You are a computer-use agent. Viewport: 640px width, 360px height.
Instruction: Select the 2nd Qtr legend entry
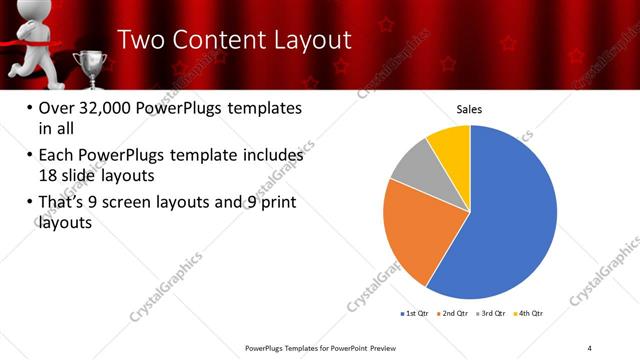(454, 314)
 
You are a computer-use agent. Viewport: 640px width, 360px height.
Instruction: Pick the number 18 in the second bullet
(49, 175)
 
